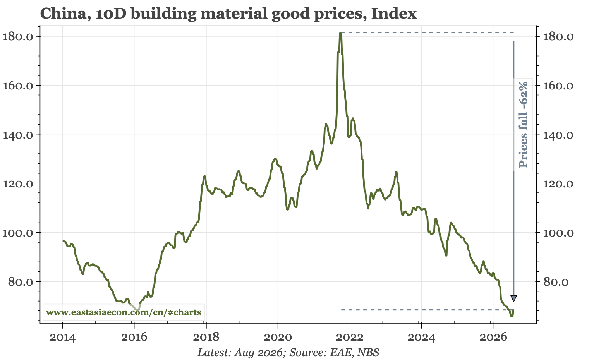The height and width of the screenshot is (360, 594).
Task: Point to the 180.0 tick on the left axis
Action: (x=18, y=37)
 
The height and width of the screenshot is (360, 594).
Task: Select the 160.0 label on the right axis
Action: (x=558, y=86)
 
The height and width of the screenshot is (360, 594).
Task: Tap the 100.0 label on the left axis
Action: (x=18, y=233)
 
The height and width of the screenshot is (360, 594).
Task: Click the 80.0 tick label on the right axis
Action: (x=556, y=282)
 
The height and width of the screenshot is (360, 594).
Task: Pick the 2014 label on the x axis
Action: (x=63, y=338)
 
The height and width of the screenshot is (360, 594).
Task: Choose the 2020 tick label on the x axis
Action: (x=278, y=338)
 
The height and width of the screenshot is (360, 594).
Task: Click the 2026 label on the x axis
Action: (x=493, y=338)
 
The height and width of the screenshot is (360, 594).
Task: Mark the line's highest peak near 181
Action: (x=340, y=33)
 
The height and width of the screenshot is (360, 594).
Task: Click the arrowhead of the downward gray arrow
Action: (x=513, y=298)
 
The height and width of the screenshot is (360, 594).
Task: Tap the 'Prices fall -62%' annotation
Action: (x=523, y=125)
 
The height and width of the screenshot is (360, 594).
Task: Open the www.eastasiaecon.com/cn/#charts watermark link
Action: (x=124, y=312)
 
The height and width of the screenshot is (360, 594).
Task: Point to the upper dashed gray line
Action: (x=427, y=33)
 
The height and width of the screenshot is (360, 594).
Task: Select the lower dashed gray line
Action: (x=427, y=310)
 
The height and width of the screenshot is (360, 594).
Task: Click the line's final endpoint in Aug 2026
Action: (x=513, y=310)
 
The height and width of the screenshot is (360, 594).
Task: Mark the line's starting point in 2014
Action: (x=63, y=241)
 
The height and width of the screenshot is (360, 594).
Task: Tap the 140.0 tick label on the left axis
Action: (x=18, y=135)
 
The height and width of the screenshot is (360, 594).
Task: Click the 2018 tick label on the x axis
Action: (x=206, y=338)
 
